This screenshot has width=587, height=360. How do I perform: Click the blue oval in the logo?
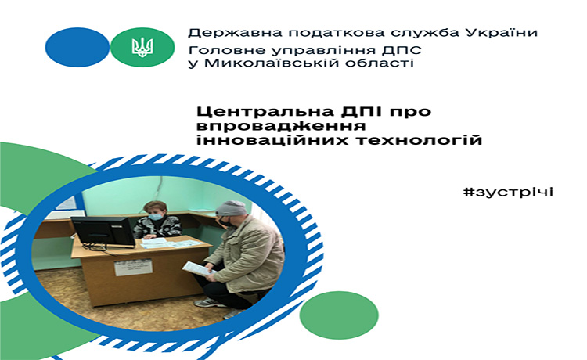[x=77, y=47]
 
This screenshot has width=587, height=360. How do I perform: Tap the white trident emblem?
[x=142, y=47]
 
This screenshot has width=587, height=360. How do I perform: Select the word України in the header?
[x=502, y=32]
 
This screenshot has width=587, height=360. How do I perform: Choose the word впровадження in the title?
[x=281, y=126]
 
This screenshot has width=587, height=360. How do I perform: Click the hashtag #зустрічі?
[x=508, y=193]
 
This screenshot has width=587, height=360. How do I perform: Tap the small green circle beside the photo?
[x=339, y=315]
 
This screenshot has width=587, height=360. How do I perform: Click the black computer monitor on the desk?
[x=103, y=232]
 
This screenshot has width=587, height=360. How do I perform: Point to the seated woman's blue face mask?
[x=155, y=217]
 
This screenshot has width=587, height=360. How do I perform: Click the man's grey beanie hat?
[x=231, y=208]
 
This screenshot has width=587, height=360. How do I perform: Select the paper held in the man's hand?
[x=196, y=269]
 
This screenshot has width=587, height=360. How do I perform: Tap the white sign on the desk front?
[x=133, y=267]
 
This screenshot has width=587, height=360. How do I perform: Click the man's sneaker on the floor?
[x=210, y=302]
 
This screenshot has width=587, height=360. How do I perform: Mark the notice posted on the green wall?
[x=67, y=204]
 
